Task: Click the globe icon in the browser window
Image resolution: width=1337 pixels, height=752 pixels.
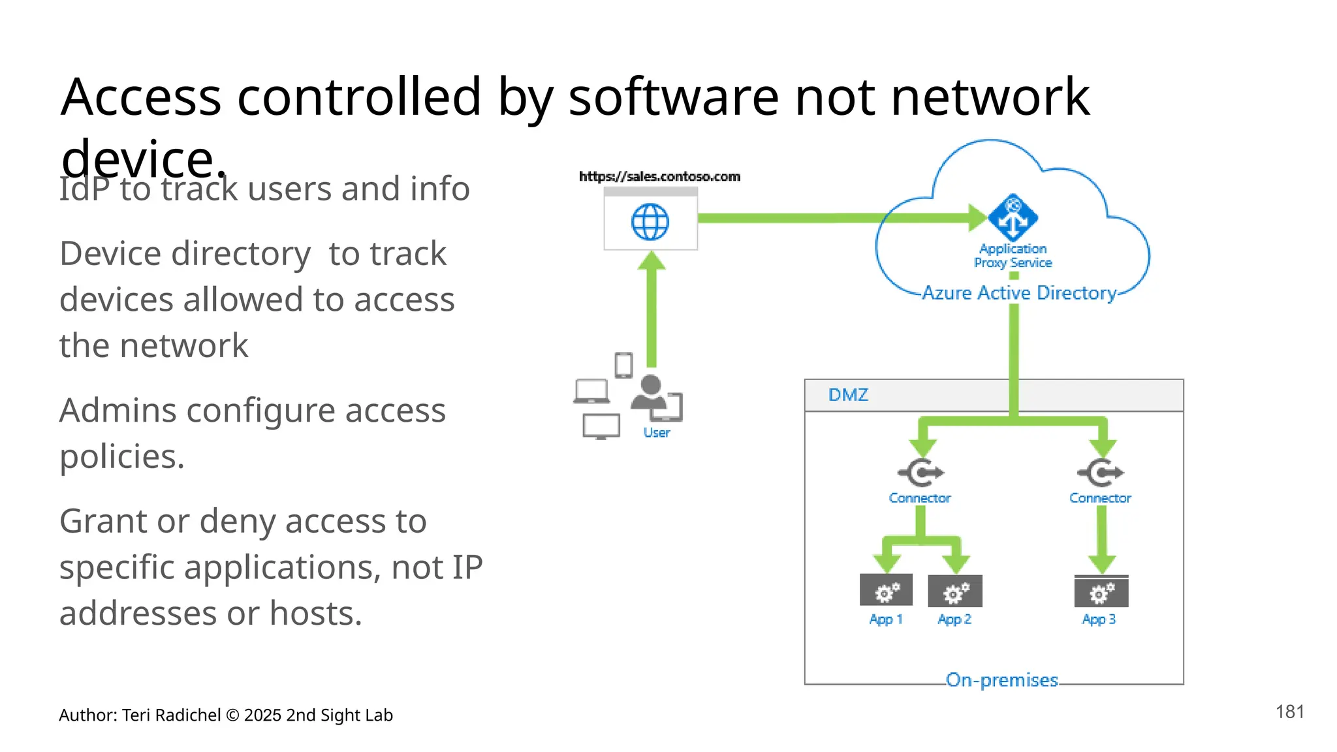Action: (x=650, y=222)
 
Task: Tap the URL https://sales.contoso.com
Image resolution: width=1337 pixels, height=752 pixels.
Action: (x=659, y=176)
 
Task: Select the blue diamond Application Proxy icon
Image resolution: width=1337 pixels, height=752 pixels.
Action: (x=1013, y=217)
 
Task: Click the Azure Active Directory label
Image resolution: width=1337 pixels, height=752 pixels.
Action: (x=1019, y=293)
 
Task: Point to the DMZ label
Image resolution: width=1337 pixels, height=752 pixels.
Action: (x=848, y=395)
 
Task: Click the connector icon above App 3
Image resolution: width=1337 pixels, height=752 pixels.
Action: (x=1101, y=473)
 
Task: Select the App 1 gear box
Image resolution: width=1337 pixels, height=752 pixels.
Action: (x=886, y=591)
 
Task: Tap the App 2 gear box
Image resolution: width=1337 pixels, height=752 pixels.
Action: (x=955, y=591)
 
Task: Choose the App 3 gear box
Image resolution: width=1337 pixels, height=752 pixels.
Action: (x=1101, y=591)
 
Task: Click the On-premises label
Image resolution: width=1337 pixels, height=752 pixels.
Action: (x=1001, y=680)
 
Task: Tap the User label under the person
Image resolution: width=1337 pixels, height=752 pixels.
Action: (x=656, y=433)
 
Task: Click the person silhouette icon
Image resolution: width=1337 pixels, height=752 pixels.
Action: (x=650, y=392)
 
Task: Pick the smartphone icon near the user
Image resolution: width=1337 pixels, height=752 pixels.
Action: (x=623, y=365)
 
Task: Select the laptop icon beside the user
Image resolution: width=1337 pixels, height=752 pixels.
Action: (x=591, y=392)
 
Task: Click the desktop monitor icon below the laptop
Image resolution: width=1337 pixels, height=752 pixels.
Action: (x=601, y=426)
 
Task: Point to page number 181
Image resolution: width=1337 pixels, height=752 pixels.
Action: (x=1289, y=712)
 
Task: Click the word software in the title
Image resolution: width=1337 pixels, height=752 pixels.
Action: (x=674, y=97)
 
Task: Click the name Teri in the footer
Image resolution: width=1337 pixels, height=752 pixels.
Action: (x=136, y=715)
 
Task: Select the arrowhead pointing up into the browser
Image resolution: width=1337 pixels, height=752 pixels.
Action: (x=651, y=261)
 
